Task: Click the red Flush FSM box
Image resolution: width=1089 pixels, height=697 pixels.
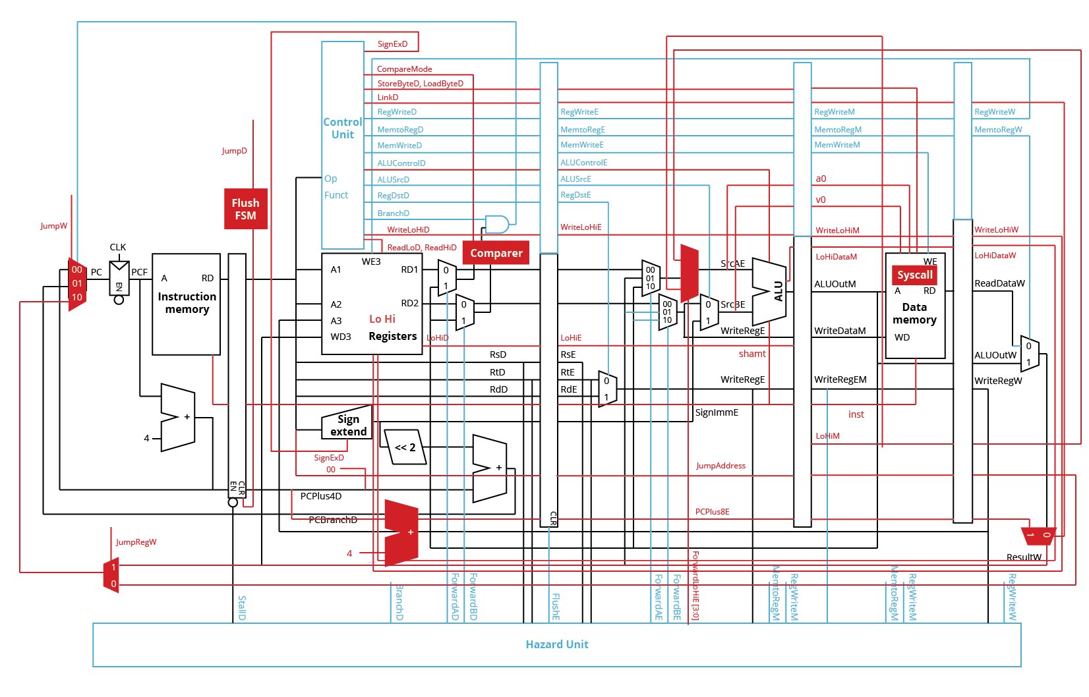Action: pos(245,209)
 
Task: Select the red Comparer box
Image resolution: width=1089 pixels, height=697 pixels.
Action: pos(496,253)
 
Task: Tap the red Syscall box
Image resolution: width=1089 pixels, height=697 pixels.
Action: pos(914,275)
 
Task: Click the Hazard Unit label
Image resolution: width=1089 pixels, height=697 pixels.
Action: pos(556,644)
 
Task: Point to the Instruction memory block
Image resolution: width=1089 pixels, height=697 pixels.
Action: pos(187,303)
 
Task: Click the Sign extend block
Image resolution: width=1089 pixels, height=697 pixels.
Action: pos(347,425)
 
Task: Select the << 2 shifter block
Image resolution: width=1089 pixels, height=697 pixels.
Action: pos(405,447)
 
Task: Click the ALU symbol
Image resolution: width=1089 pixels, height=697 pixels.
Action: pos(771,291)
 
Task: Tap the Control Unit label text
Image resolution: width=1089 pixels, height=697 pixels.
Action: pos(342,128)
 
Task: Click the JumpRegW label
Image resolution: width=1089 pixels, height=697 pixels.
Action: pos(136,542)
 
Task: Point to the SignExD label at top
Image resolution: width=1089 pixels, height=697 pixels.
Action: pos(392,44)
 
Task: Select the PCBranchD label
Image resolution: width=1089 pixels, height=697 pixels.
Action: pos(333,520)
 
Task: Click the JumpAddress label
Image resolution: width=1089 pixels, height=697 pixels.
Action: pos(721,466)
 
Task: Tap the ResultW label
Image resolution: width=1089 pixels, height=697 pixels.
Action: pos(1024,557)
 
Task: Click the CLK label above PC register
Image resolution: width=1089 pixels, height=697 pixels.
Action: pos(118,247)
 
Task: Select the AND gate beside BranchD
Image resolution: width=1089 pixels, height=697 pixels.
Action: pos(496,224)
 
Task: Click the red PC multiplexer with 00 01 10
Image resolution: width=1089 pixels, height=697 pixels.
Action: pos(77,284)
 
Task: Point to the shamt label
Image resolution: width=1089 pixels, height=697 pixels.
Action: pos(752,354)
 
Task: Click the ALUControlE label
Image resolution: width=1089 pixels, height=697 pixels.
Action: pos(583,163)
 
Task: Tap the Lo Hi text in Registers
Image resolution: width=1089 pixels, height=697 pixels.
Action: pos(382,319)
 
